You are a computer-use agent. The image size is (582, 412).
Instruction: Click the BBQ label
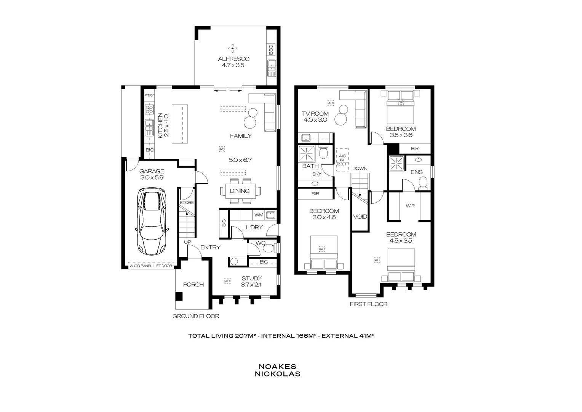pos(271,50)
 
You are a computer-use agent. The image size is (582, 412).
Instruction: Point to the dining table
pos(240,191)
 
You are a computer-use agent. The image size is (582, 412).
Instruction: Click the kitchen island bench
pos(180,124)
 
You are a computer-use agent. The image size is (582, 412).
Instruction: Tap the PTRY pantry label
pos(149,95)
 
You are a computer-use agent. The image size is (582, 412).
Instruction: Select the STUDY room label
pos(251,278)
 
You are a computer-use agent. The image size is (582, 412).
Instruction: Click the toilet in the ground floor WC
pos(269,248)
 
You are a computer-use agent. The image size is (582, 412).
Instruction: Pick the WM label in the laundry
pos(259,215)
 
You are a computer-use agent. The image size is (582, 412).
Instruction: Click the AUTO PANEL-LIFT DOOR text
pos(151,266)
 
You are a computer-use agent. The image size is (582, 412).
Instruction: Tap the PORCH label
pos(193,285)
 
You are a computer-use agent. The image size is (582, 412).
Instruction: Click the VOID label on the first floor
pos(360,217)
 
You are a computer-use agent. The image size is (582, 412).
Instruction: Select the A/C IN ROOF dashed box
pos(342,159)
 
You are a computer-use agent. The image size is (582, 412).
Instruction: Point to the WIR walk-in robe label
pos(410,206)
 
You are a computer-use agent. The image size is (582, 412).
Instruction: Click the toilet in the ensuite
pos(422,185)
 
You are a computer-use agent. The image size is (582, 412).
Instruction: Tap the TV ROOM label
pos(315,114)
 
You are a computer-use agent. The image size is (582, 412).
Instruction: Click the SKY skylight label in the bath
pos(317,174)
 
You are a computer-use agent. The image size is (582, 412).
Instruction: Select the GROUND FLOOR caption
pos(196,316)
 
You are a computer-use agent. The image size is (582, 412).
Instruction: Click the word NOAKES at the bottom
pos(277,367)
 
